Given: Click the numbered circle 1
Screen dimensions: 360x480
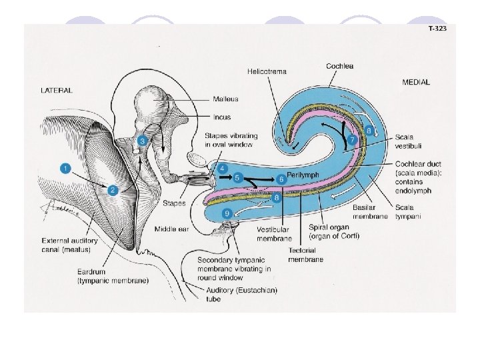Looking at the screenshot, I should click(x=65, y=169).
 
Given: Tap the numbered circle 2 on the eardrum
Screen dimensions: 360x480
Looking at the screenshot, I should click(x=113, y=191).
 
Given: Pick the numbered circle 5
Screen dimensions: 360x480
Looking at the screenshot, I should click(x=238, y=177).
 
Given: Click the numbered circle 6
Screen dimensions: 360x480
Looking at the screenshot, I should click(x=281, y=179).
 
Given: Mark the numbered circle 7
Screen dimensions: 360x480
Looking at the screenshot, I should click(x=353, y=141).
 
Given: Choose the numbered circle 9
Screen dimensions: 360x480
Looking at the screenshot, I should click(x=228, y=213).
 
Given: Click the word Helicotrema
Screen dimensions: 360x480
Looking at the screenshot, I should click(x=265, y=70).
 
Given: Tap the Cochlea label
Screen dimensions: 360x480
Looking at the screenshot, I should click(x=340, y=66).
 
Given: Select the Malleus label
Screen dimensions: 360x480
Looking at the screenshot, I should click(x=225, y=99).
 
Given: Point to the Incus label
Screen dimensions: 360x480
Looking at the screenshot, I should click(x=222, y=117).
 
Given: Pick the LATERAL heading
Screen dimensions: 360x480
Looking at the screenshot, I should click(x=57, y=89).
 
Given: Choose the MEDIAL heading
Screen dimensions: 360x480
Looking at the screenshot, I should click(x=416, y=83).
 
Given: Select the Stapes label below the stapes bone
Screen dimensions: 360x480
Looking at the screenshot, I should click(x=175, y=203).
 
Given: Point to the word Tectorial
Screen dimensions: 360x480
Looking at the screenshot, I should click(x=305, y=249).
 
